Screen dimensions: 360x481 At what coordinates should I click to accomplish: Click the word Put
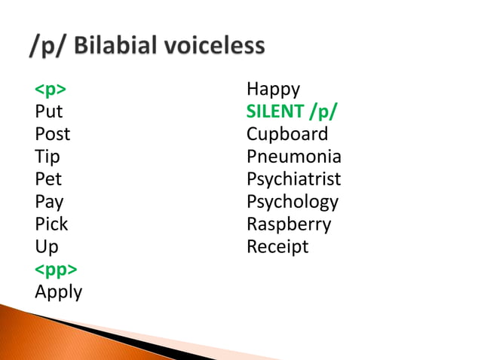point(49,112)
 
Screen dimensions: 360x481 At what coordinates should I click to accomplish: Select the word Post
point(52,135)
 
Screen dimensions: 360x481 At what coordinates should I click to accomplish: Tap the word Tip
point(47,157)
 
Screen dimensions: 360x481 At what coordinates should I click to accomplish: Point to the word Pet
point(48,179)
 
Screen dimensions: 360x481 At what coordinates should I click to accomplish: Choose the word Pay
point(49,203)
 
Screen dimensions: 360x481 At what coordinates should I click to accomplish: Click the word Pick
point(51,224)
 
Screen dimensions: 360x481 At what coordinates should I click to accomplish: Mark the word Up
point(46,247)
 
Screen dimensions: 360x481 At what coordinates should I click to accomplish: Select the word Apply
point(59,292)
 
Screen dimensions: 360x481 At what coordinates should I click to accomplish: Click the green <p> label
point(51,90)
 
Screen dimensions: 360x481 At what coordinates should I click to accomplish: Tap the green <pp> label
point(56,270)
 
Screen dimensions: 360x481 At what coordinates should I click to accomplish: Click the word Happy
point(273,90)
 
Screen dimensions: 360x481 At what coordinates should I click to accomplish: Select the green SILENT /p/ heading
point(292,112)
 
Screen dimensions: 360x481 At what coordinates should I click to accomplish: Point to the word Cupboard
point(287,135)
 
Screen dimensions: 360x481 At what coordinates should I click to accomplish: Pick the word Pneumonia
point(293,157)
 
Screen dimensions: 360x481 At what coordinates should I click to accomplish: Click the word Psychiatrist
point(293,179)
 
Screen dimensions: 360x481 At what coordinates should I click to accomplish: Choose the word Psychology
point(293,203)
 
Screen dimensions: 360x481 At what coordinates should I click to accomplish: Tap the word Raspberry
point(289,224)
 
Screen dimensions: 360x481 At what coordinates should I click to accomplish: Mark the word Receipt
point(277,247)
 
